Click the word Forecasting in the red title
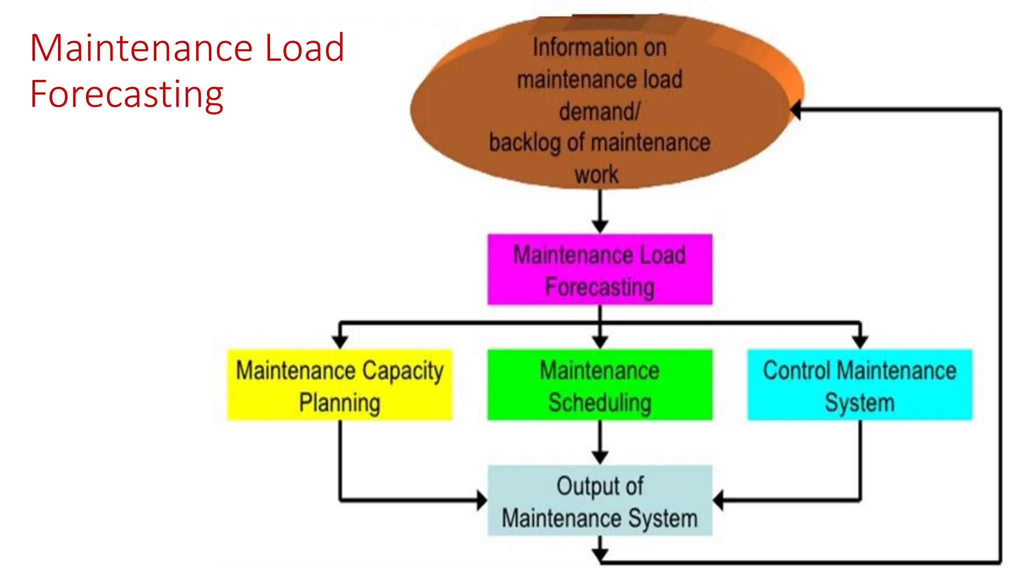126,94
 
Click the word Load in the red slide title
304,48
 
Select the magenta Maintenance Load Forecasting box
599,269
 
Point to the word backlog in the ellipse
524,143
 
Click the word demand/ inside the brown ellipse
599,111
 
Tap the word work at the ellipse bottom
596,175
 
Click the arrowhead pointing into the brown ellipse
796,109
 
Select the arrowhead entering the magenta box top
600,226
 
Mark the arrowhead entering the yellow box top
340,342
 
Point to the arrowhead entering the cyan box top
860,342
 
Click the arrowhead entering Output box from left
481,500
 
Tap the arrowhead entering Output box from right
718,500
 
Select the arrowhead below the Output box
600,554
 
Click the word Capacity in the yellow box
402,371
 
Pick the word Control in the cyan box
796,371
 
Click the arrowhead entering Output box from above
600,457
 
